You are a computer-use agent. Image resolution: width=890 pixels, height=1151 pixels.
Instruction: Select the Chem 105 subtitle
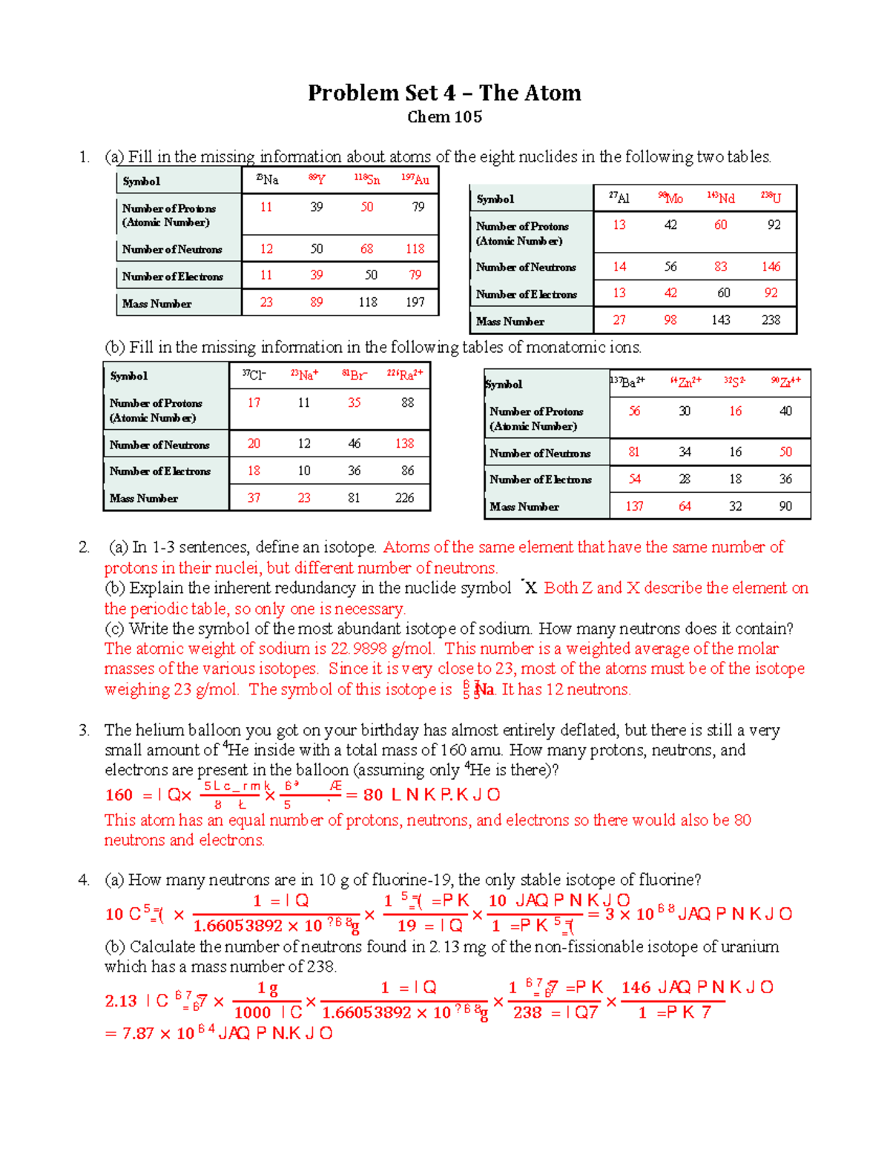click(444, 117)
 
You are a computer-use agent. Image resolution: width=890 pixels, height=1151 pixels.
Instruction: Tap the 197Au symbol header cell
click(415, 179)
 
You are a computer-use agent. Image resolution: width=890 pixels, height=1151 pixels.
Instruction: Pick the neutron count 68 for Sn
click(367, 249)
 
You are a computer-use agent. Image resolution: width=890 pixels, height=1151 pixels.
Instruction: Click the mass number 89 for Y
click(317, 302)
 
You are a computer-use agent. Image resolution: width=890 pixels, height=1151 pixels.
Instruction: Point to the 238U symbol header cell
click(771, 198)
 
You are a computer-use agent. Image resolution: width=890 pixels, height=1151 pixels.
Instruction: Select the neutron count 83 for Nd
click(720, 267)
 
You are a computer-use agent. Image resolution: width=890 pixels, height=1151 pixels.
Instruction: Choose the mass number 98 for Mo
click(670, 320)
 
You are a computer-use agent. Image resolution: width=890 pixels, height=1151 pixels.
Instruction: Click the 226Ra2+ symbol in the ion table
click(405, 375)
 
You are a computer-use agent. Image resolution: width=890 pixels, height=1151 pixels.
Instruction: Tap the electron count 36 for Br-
click(355, 471)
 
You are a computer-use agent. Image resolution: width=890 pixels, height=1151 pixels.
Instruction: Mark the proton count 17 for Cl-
click(254, 402)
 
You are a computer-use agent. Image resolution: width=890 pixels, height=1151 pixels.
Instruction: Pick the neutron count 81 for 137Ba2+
click(634, 452)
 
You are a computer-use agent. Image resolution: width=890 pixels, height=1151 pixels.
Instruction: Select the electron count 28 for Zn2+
click(685, 480)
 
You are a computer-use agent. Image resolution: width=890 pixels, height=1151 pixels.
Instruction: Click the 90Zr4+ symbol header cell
click(785, 382)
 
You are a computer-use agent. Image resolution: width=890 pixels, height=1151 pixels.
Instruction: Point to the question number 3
click(83, 730)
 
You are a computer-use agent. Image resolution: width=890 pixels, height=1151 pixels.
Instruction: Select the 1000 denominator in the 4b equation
click(252, 1012)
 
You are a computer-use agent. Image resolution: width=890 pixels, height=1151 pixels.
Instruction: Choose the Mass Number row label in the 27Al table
click(510, 322)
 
